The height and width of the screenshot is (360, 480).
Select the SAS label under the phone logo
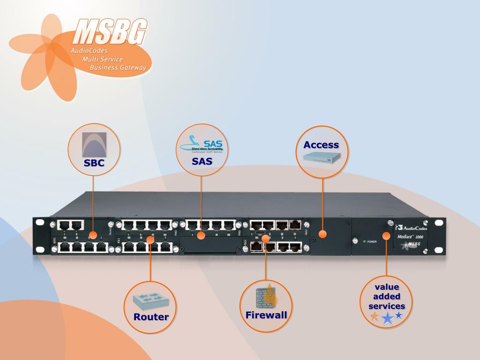coord(202,161)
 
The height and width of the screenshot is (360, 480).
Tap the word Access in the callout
coord(321,145)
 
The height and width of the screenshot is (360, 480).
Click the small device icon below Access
coord(323,158)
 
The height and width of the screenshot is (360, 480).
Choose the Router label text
coord(150,316)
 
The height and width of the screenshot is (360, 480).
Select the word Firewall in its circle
coord(266,315)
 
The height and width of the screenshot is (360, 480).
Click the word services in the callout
coord(387,306)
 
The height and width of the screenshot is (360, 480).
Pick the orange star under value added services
coord(375,317)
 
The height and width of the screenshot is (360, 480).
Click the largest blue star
coord(388,319)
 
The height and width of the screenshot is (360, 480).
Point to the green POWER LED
coord(364,241)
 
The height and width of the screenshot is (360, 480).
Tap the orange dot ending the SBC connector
coord(93,234)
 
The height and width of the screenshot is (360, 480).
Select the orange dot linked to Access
coord(322,233)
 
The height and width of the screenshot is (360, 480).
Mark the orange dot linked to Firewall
coord(266,239)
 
